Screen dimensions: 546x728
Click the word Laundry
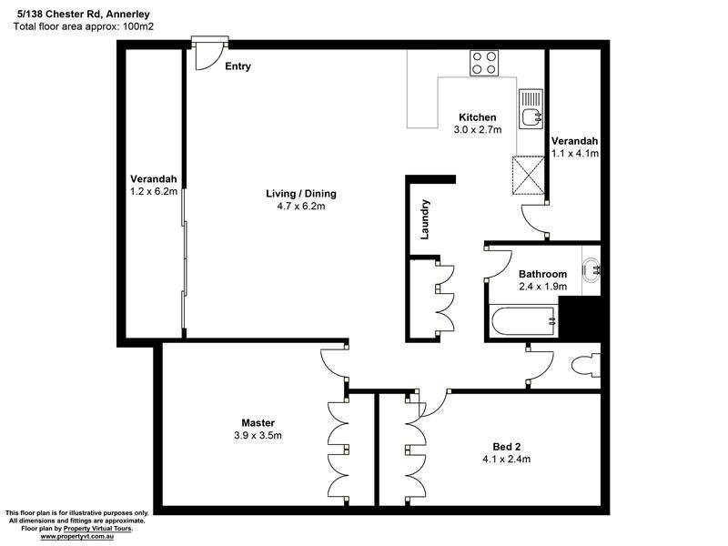pos(424,219)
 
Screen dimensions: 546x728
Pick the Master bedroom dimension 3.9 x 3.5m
pos(258,436)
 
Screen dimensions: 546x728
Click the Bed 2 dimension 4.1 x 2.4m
pos(506,460)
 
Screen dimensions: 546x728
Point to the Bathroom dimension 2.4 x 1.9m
pos(542,287)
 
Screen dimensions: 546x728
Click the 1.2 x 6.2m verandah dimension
pos(153,192)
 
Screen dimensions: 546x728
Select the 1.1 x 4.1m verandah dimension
pos(575,154)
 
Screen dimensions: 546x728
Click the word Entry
pos(238,66)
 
